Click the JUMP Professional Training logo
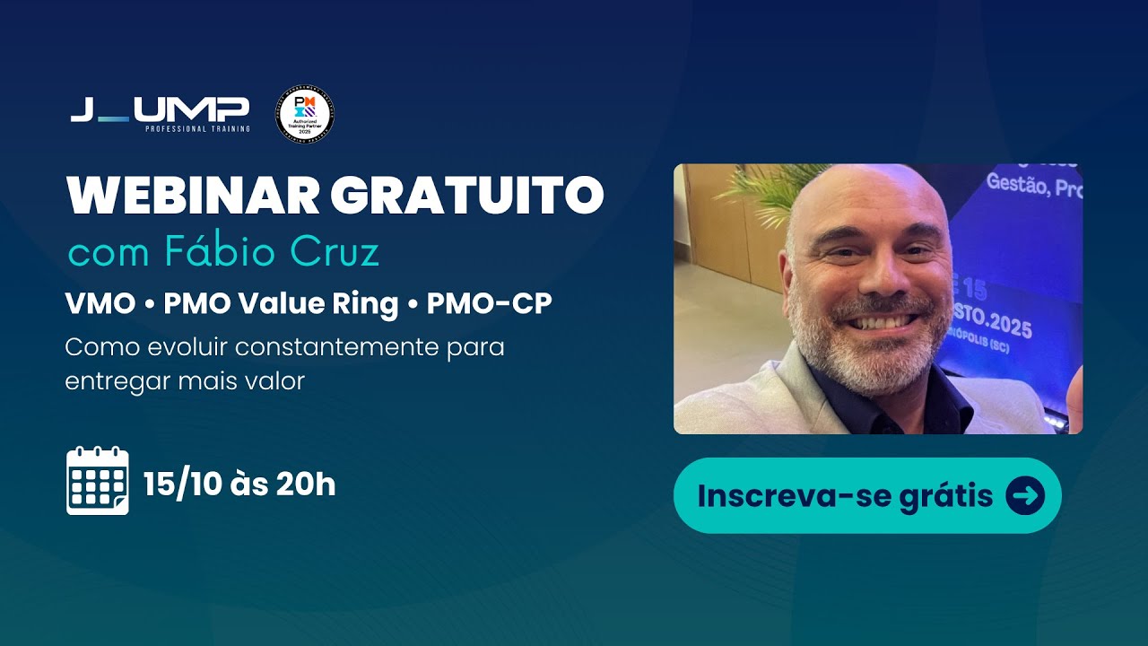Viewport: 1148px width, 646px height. coord(160,113)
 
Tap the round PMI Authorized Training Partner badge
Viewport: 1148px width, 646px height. coord(307,115)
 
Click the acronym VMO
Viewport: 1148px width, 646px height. coord(99,304)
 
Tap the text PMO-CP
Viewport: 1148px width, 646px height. coord(489,304)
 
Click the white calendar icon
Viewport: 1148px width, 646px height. coord(98,482)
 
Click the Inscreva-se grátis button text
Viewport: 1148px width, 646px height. coord(845,495)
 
